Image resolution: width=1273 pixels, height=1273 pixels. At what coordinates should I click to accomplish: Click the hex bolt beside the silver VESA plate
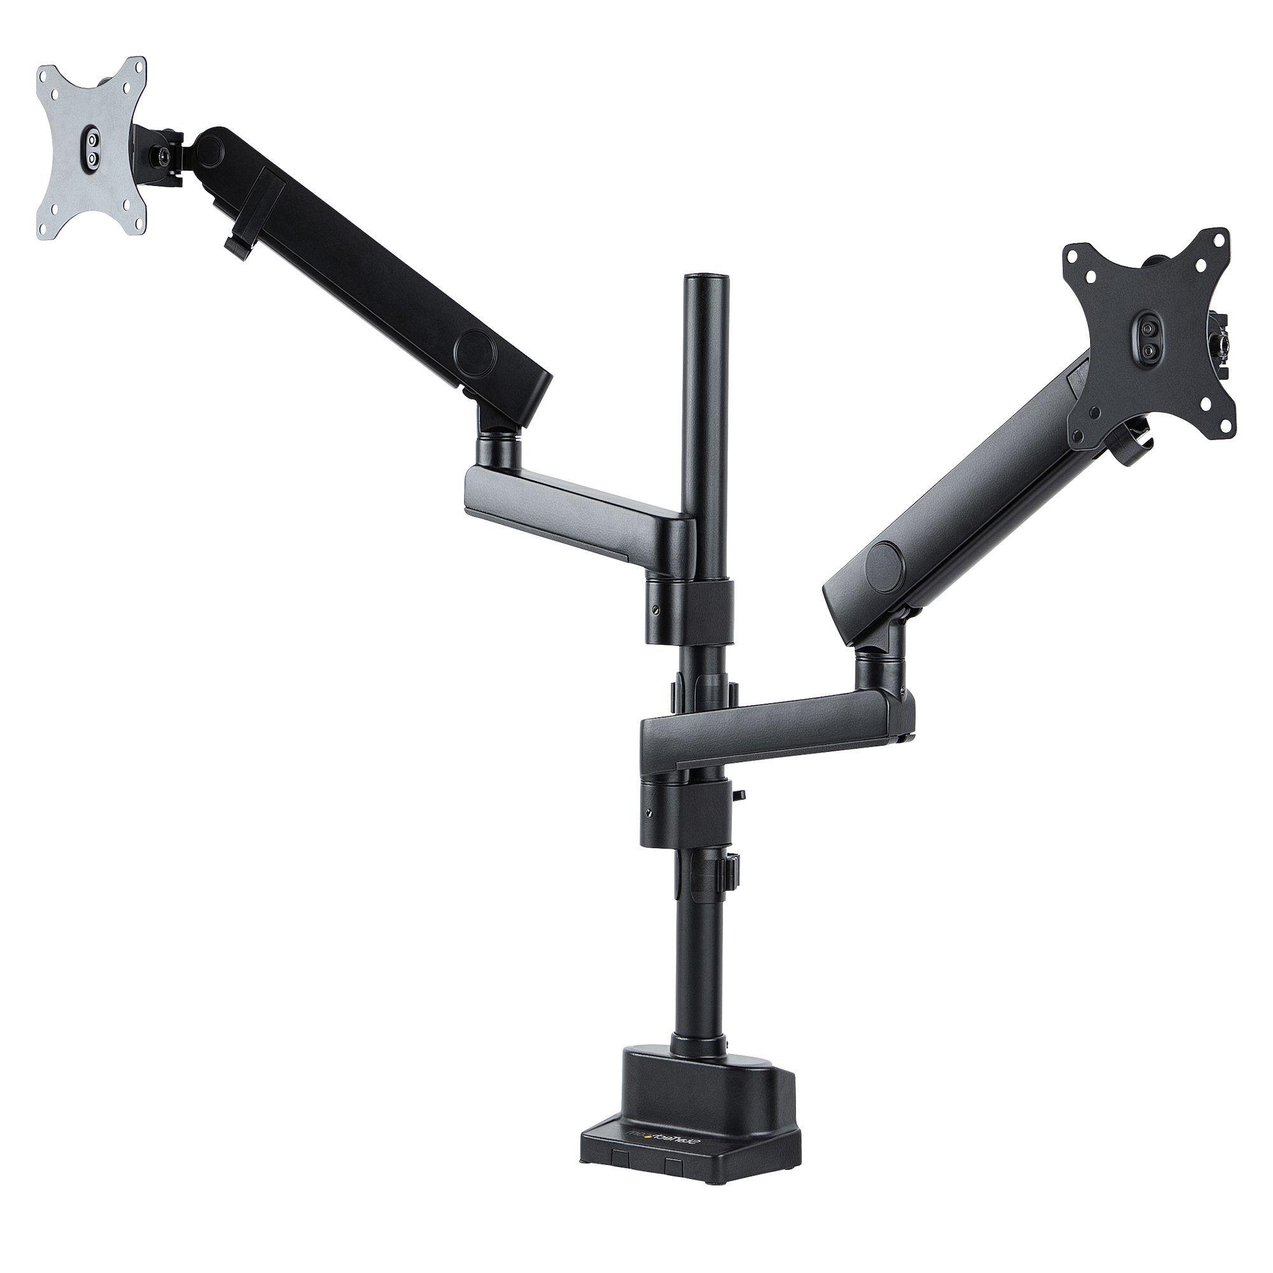[162, 156]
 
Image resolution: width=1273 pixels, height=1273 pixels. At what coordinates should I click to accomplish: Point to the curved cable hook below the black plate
[1135, 437]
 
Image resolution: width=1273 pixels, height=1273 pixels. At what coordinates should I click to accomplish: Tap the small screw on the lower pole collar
[650, 812]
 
